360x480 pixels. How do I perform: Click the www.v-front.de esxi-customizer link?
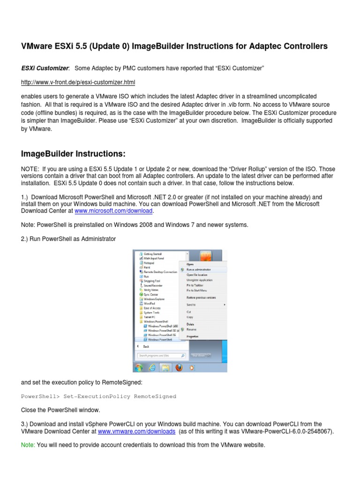pos(78,82)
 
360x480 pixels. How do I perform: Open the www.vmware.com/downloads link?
pos(136,431)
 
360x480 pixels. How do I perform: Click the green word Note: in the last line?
pos(28,445)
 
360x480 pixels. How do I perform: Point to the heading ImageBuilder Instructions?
pos(73,154)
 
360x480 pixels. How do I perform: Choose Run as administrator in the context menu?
pos(199,270)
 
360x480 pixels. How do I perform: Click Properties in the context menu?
pos(193,336)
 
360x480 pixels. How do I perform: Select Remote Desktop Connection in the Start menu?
pos(159,272)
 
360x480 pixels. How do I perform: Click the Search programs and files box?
pos(159,356)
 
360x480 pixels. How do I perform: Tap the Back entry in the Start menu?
pos(146,346)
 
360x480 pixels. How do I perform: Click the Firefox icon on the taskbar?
pos(179,368)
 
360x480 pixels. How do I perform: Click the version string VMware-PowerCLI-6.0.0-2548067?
pos(287,431)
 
